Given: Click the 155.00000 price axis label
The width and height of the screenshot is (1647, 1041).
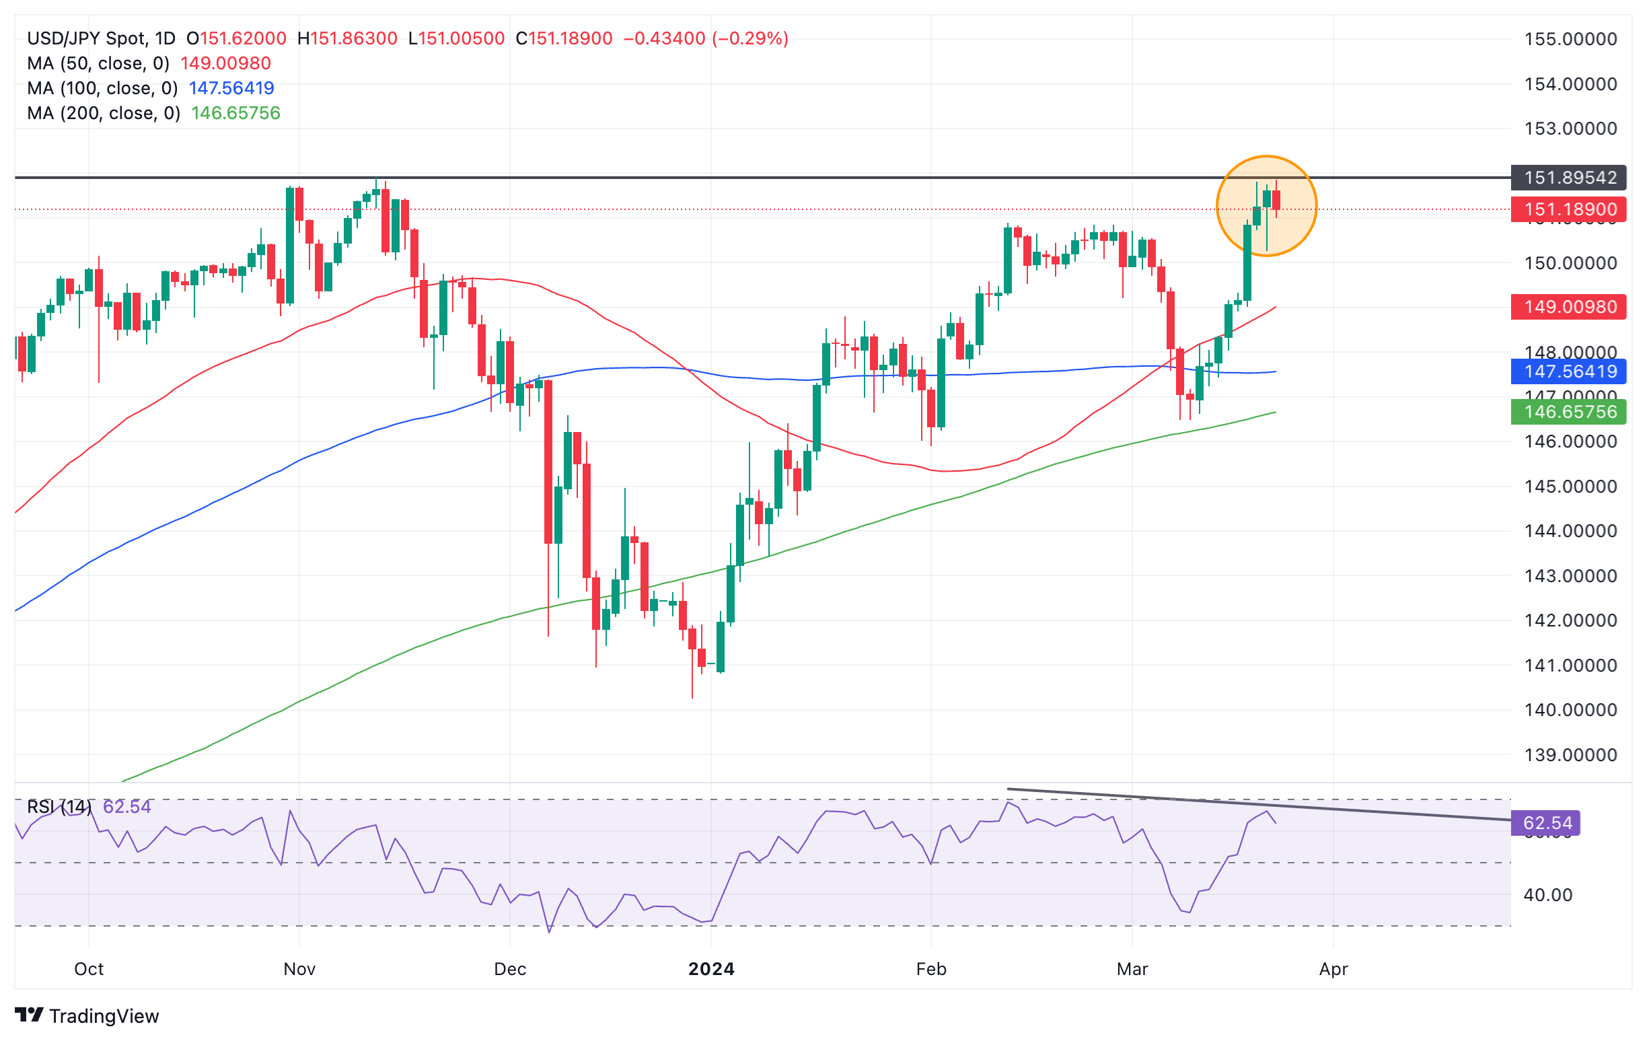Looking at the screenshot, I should (x=1570, y=39).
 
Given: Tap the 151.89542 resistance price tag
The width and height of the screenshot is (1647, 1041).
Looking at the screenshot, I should (x=1569, y=178).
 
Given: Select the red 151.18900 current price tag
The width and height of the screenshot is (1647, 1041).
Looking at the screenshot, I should (x=1569, y=209).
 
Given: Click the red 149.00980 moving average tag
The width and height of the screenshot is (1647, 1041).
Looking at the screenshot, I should (x=1569, y=306).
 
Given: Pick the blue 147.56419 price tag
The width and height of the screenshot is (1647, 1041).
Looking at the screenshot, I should (x=1569, y=371).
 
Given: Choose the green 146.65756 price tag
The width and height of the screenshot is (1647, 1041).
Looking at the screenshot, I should (x=1569, y=412).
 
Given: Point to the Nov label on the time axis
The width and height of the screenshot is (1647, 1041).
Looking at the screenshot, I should (x=299, y=969).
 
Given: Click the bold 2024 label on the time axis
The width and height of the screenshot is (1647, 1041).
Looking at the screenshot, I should (x=710, y=969).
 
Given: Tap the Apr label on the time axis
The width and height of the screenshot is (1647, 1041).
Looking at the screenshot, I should (x=1333, y=969).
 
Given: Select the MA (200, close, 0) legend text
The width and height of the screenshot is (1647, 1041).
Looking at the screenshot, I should (x=104, y=113).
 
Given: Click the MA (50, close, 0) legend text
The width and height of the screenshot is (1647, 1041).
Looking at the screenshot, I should (x=98, y=64).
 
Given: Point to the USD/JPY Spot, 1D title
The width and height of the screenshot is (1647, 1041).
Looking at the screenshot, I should (x=101, y=38).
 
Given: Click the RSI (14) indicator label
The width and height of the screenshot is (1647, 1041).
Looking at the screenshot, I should (x=59, y=807).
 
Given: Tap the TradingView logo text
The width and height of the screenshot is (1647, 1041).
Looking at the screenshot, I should (x=104, y=1016).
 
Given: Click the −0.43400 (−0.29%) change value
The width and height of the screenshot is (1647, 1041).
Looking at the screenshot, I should (x=705, y=38).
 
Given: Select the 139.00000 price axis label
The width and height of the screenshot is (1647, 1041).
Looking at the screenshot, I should (x=1570, y=755).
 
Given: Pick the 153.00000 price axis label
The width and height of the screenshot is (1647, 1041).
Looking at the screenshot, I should (x=1570, y=129).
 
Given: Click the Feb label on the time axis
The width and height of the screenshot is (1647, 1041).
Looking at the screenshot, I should (x=931, y=969).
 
